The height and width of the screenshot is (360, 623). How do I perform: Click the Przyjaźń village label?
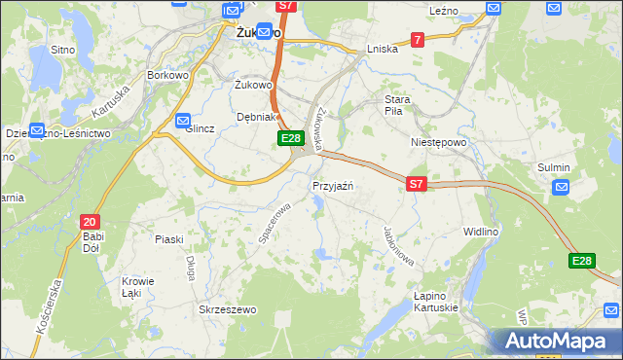point(333,186)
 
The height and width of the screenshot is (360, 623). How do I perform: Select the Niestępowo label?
point(439,141)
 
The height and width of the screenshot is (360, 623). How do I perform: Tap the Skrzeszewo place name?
point(227,309)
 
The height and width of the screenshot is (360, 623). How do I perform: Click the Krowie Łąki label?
point(131,287)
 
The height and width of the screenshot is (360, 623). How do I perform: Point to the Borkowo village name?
point(166,74)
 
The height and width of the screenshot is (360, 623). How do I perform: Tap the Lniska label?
point(383,49)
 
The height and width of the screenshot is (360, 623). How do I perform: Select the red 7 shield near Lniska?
point(417,40)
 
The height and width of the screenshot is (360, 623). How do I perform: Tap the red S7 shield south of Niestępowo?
point(417,183)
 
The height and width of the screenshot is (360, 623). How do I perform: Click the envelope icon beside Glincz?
point(184,121)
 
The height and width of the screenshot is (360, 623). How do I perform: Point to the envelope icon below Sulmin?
point(561,188)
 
